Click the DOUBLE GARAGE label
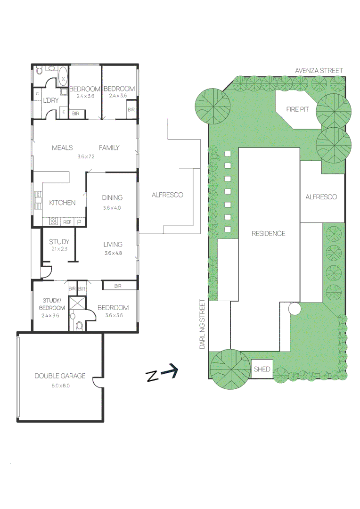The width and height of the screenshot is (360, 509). point(60,376)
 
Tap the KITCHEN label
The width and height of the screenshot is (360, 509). point(62,203)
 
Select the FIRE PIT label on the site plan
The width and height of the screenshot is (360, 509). point(297,109)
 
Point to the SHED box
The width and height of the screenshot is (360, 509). point(262,369)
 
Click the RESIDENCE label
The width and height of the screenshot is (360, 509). point(268,233)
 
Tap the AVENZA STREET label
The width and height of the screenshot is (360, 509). point(319,70)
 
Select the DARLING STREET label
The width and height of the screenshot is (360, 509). point(202,324)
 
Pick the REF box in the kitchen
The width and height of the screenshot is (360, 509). point(67,222)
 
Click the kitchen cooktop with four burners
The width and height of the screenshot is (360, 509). point(53,221)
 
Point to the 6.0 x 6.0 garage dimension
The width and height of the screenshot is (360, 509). point(60,385)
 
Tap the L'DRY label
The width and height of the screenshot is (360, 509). point(51,101)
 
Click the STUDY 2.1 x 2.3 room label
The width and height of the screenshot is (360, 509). point(59,242)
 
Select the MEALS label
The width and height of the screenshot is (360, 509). point(62,148)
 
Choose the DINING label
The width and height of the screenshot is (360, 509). point(112,197)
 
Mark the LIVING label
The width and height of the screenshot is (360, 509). point(113,244)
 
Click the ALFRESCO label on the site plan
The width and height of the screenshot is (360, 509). point(321,197)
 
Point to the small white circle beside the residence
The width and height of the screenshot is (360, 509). point(295,309)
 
